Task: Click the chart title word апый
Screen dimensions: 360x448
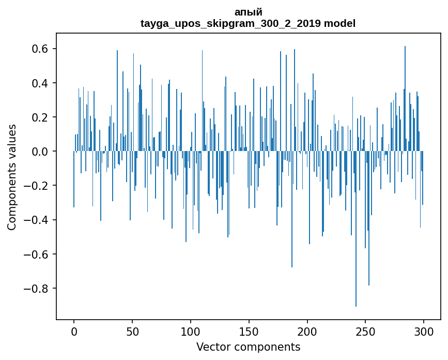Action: point(248,12)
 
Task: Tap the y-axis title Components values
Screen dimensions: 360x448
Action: point(12,177)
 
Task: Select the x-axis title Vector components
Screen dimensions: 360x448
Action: point(248,347)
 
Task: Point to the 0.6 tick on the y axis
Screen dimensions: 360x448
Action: point(40,49)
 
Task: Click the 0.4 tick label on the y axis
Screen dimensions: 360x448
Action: point(40,83)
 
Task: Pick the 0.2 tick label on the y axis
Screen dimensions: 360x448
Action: point(40,117)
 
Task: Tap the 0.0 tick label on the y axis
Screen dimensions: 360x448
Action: point(40,152)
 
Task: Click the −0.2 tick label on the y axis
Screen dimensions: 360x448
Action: point(37,186)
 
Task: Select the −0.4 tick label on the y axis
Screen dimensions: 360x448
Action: point(37,220)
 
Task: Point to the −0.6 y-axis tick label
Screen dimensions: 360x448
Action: point(37,254)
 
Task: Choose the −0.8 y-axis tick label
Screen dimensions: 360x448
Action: point(37,288)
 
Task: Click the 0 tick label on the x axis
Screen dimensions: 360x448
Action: point(74,331)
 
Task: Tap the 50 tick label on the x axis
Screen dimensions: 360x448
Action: point(132,331)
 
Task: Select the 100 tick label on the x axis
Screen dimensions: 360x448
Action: point(191,331)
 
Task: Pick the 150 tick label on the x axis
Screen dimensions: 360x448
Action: point(249,331)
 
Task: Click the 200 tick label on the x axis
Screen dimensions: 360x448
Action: point(307,331)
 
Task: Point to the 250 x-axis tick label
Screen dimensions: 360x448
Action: point(365,331)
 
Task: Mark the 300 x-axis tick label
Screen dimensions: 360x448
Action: point(424,331)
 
